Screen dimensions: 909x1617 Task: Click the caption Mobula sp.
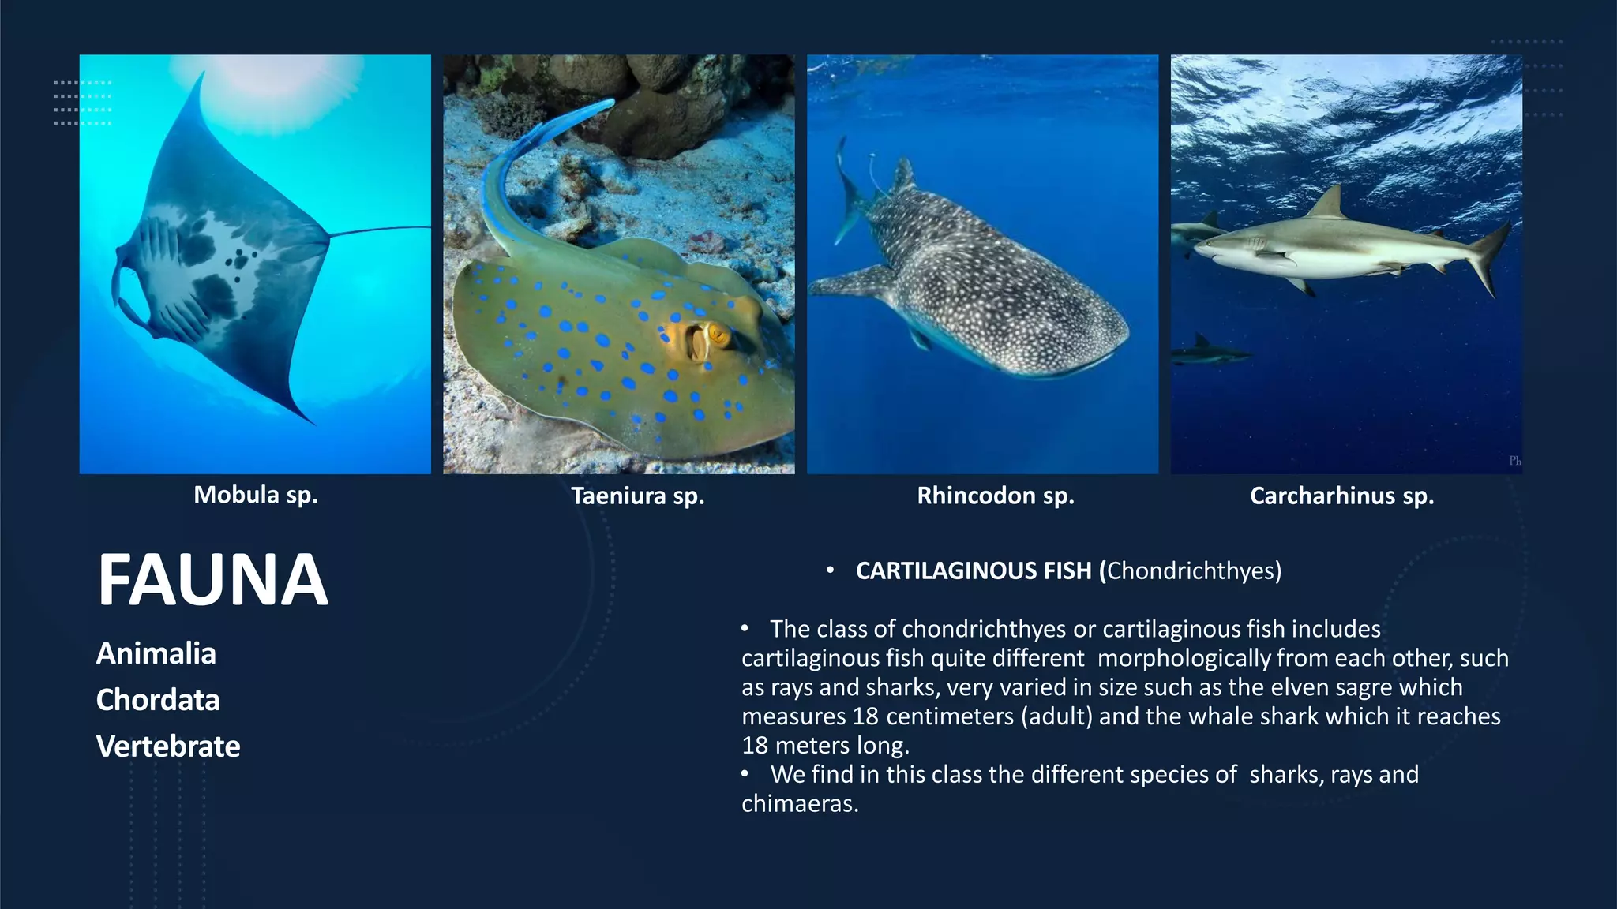pyautogui.click(x=255, y=495)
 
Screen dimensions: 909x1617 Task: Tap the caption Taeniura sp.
pyautogui.click(x=637, y=496)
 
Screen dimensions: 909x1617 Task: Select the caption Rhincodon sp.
pyautogui.click(x=995, y=496)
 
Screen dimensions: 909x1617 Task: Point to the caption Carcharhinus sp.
pyautogui.click(x=1341, y=496)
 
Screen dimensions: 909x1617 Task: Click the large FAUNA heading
pyautogui.click(x=212, y=580)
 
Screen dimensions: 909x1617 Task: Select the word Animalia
pyautogui.click(x=156, y=653)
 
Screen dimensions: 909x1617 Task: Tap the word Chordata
pyautogui.click(x=158, y=700)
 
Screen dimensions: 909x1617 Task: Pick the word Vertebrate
pyautogui.click(x=168, y=746)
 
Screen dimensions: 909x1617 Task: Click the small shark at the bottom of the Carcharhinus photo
pyautogui.click(x=1208, y=352)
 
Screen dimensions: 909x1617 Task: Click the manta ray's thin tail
pyautogui.click(x=379, y=230)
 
